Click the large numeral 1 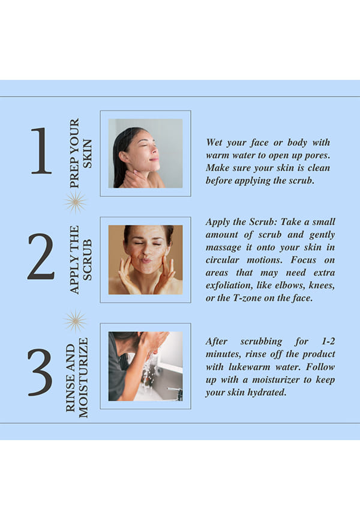[42, 151]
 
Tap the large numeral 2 [41, 256]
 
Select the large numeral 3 [40, 372]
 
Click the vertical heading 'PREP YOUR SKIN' [80, 153]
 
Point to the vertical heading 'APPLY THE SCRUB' [80, 259]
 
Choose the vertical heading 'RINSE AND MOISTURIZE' [77, 378]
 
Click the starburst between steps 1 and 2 [75, 202]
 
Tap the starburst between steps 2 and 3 [75, 321]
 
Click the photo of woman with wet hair [146, 154]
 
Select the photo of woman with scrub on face [146, 259]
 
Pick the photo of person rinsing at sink [146, 366]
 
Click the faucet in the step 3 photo [176, 393]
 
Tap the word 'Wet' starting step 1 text [214, 142]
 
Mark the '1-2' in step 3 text [328, 341]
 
